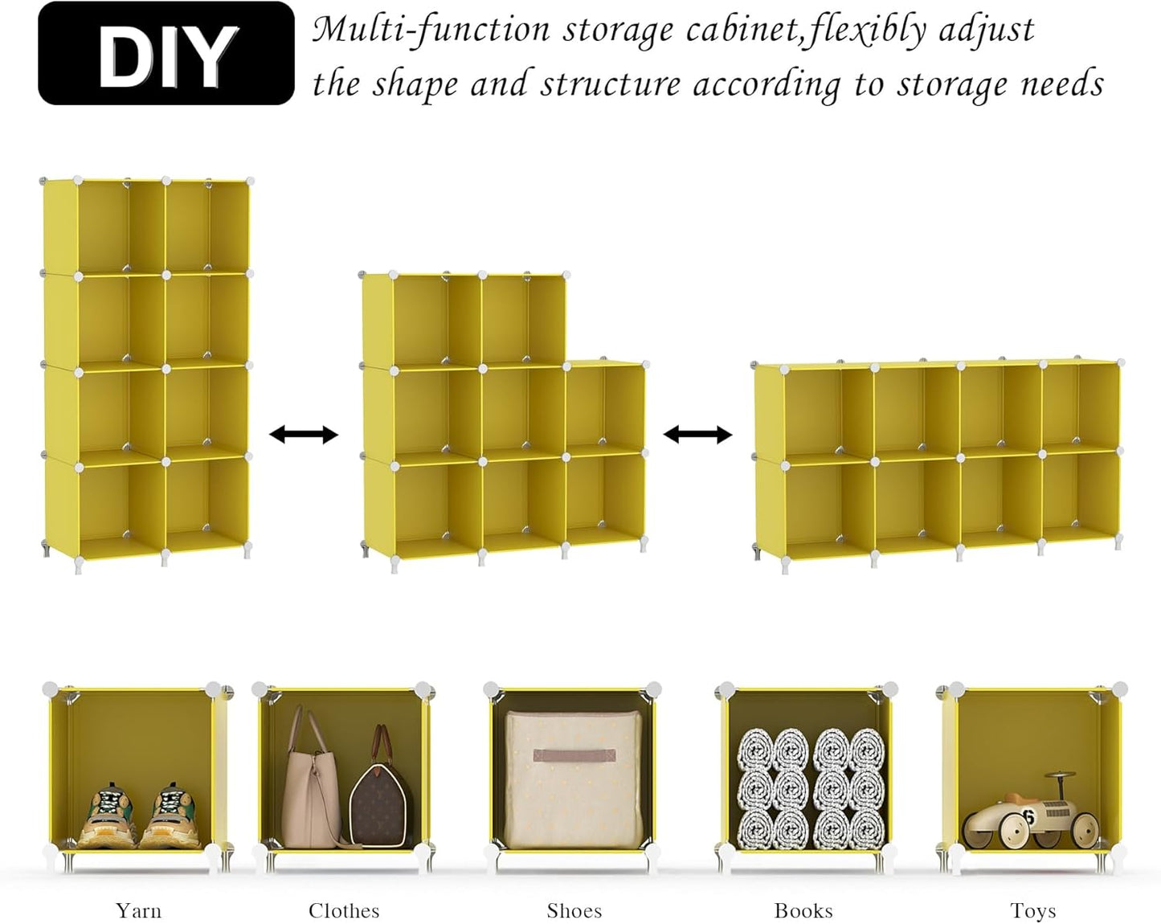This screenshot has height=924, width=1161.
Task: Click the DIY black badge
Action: click(x=166, y=54)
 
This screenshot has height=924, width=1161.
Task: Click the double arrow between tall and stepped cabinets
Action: click(x=303, y=435)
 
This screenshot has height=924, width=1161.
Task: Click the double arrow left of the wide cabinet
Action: click(x=697, y=435)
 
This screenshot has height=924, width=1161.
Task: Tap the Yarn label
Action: click(x=138, y=910)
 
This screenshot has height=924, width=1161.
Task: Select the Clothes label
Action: click(x=344, y=910)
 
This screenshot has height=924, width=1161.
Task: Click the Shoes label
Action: click(x=574, y=910)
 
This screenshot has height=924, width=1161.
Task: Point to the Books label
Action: click(x=803, y=910)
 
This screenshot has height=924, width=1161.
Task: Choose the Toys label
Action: click(x=1032, y=910)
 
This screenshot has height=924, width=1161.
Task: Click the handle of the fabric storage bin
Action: click(x=574, y=756)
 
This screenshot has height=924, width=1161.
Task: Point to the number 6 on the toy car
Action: click(x=1028, y=818)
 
